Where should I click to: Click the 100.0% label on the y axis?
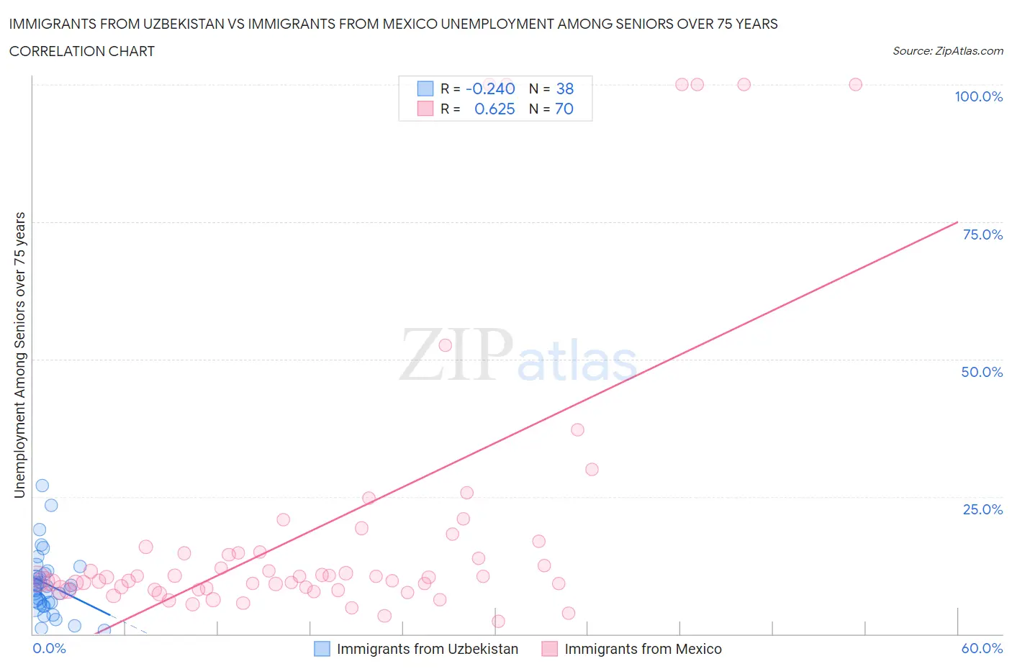pos(978,96)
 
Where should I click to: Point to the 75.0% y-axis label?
pos(982,235)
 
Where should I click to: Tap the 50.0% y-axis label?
pos(982,372)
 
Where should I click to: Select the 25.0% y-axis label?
pos(982,509)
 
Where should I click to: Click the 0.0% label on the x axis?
pos(49,648)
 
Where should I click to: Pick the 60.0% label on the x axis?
pos(982,648)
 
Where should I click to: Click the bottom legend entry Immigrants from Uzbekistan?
pos(427,649)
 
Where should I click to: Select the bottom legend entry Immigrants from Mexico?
pos(643,649)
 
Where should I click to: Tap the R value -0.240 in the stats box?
pos(490,88)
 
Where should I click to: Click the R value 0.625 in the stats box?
pos(494,109)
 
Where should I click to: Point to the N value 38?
pos(565,88)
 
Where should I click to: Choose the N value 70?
pos(564,109)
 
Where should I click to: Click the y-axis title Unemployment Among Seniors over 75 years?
pos(19,355)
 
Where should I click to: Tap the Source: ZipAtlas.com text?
pos(947,50)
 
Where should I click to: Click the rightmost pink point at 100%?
pos(855,84)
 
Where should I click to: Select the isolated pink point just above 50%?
pos(445,345)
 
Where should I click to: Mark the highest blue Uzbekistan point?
pos(42,486)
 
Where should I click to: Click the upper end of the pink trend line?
pos(957,222)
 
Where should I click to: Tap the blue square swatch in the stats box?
pos(425,88)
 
